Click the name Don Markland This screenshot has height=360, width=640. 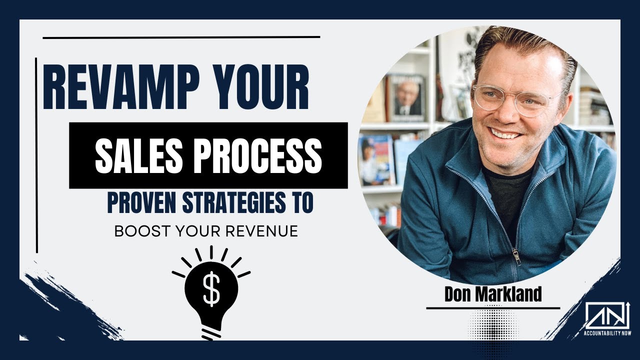[x=492, y=294]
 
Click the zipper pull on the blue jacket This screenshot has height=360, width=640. [x=516, y=256]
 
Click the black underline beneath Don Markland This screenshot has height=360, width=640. [x=492, y=308]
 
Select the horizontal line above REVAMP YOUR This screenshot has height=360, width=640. [x=181, y=37]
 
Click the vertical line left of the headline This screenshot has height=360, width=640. [x=36, y=155]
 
